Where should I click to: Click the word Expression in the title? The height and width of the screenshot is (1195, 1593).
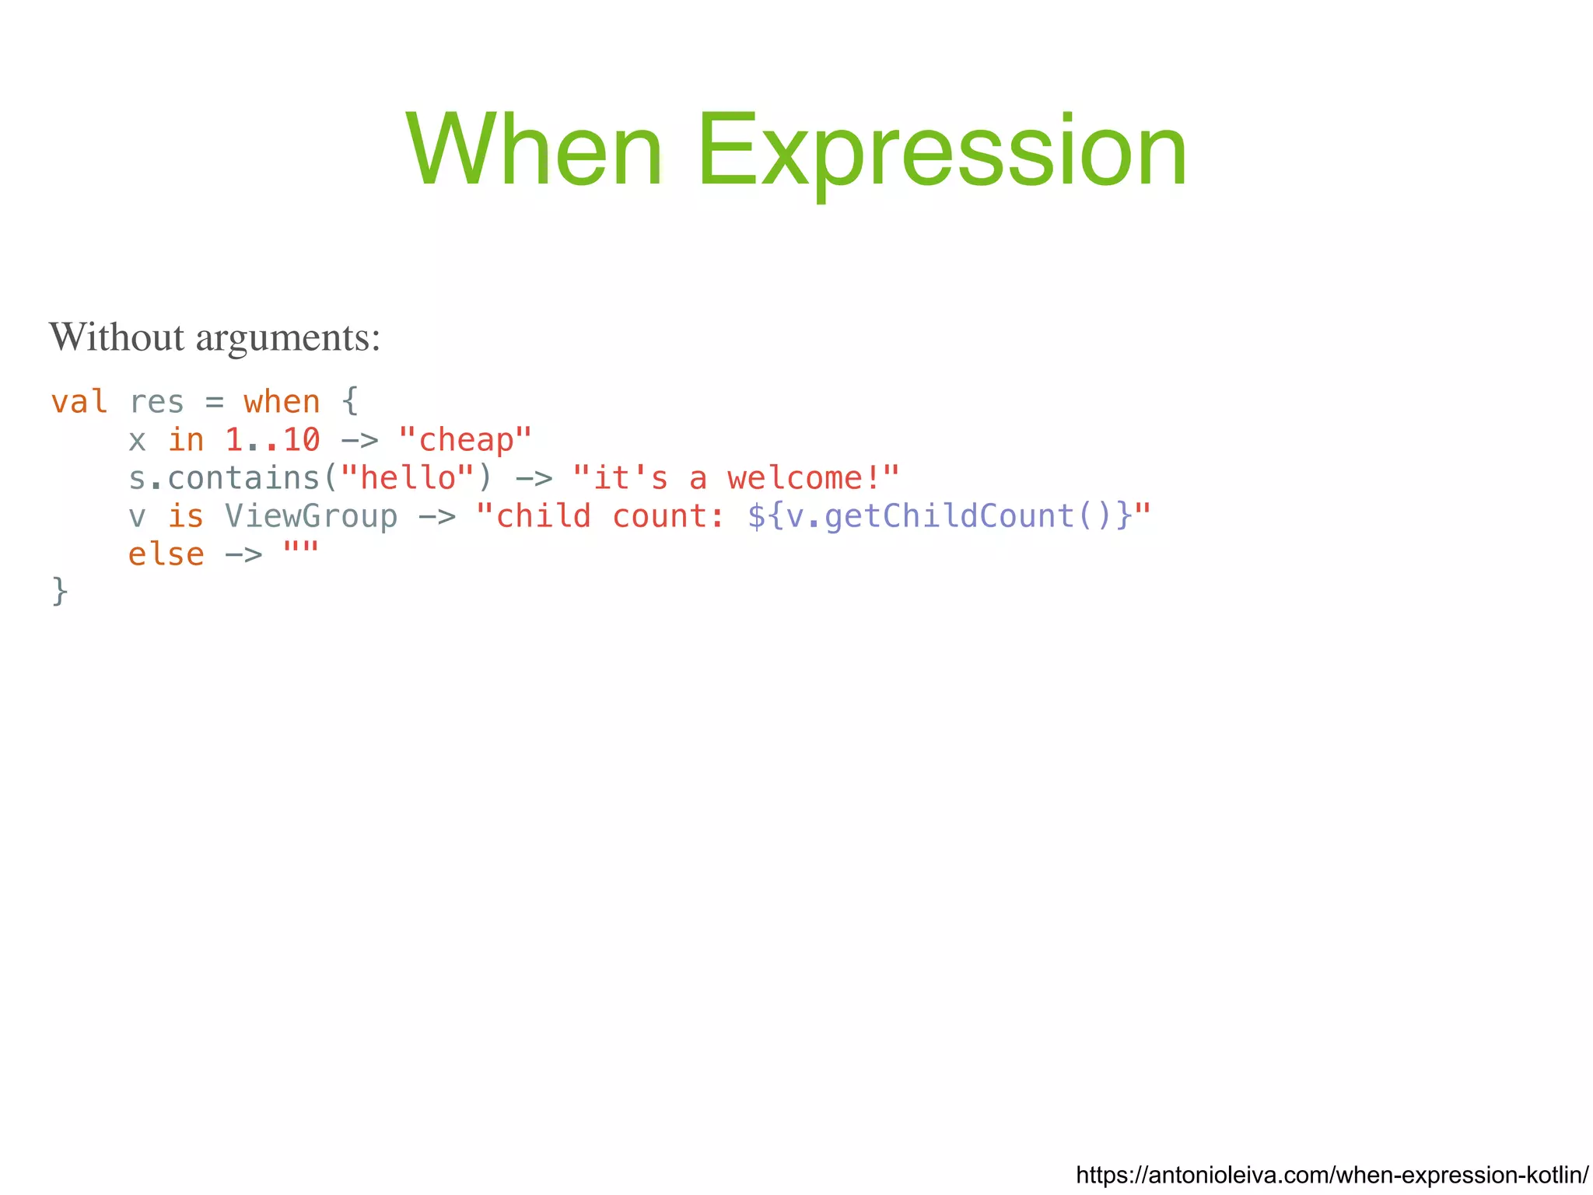(942, 152)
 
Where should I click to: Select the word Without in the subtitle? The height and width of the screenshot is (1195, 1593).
(117, 337)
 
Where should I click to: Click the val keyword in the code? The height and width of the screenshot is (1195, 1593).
(79, 402)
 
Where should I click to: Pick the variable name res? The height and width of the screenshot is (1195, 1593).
(156, 402)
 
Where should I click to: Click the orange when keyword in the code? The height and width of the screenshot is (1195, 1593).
(282, 402)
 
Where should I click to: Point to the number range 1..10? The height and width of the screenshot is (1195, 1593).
(272, 440)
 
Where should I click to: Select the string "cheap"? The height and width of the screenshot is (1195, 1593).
(465, 440)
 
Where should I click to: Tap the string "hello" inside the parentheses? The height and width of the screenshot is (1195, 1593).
(408, 478)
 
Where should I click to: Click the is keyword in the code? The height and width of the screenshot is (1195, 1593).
(185, 516)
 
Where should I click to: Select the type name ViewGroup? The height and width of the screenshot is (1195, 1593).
(311, 516)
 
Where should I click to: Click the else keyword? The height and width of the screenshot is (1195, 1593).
(166, 554)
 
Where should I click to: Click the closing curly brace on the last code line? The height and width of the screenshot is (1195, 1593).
(60, 592)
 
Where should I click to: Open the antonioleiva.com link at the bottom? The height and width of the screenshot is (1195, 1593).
(1332, 1174)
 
